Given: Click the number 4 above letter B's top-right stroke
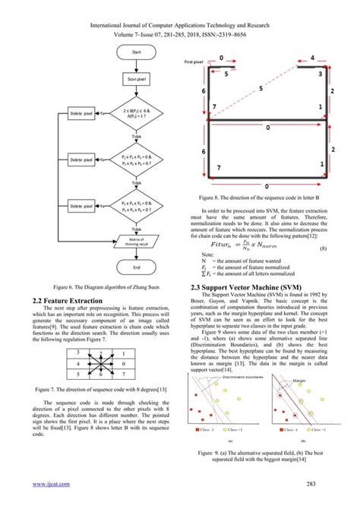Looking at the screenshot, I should pyautogui.click(x=312, y=58).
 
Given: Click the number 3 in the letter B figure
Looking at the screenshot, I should pyautogui.click(x=321, y=75).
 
